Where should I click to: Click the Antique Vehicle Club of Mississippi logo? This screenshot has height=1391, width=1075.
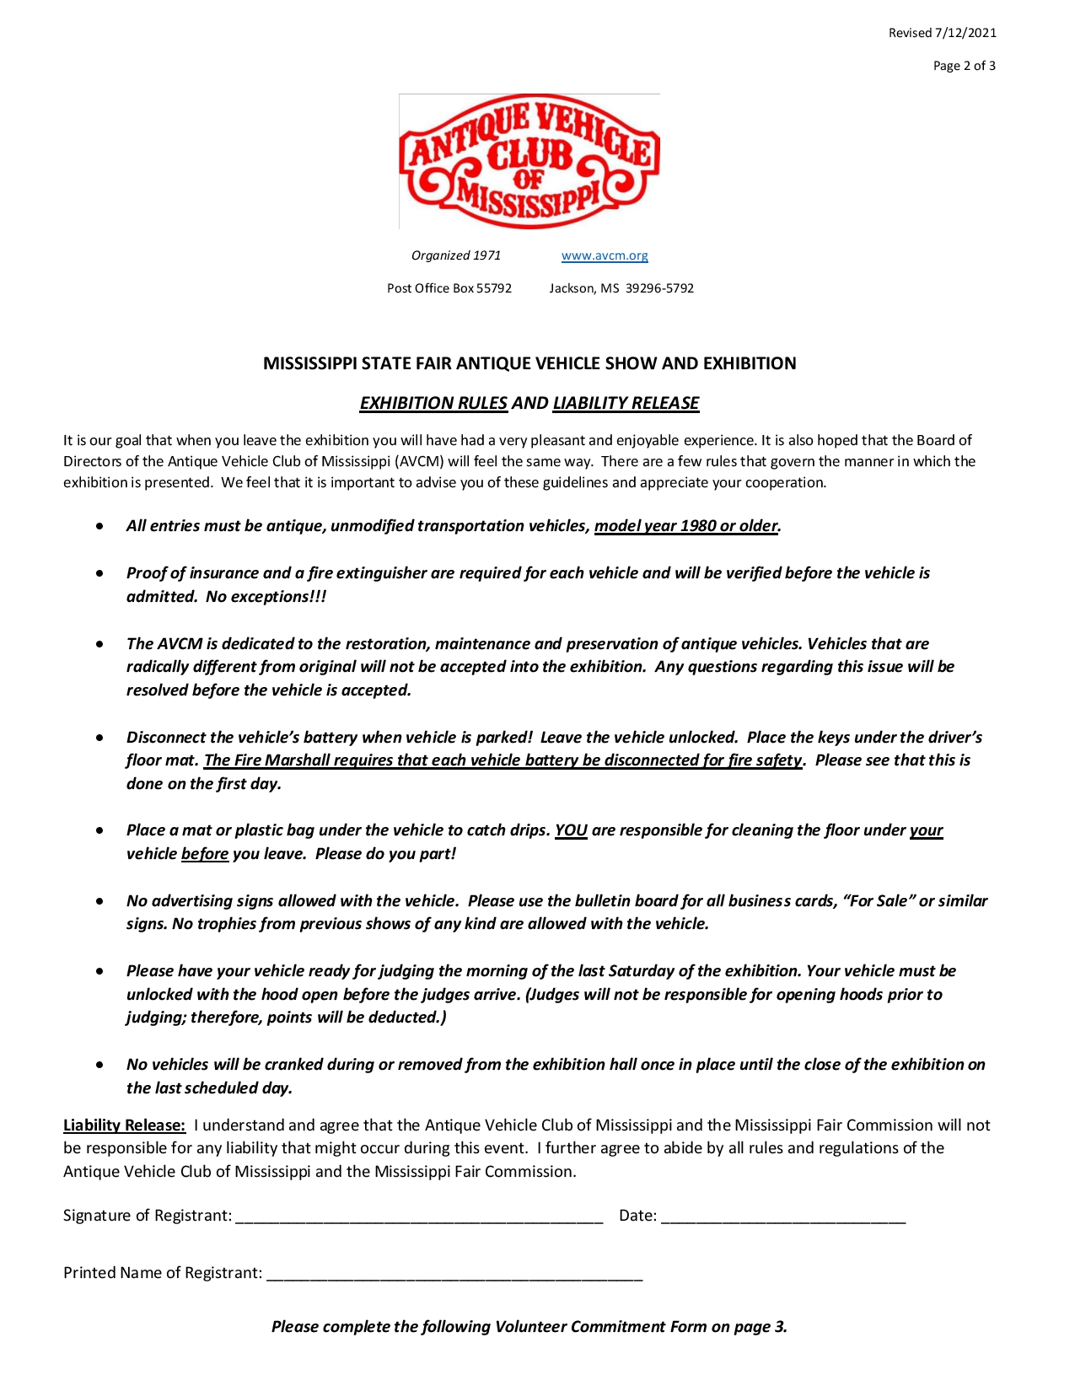(529, 161)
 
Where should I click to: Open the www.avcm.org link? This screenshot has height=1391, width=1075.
(605, 255)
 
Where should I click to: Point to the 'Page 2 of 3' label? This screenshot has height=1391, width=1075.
(964, 66)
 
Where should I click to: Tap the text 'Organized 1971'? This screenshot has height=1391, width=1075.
(456, 255)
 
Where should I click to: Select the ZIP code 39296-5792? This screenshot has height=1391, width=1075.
(659, 288)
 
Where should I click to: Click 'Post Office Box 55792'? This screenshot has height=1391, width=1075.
(449, 288)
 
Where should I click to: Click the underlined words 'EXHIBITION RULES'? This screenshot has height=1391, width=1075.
(433, 403)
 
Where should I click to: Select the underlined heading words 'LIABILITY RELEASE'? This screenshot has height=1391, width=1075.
(626, 403)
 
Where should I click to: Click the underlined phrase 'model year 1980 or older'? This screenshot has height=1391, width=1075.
(685, 526)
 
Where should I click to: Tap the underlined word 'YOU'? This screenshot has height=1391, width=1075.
(571, 830)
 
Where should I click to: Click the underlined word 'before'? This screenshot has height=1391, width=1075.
(205, 854)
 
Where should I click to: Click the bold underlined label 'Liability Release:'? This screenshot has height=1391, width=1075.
(124, 1125)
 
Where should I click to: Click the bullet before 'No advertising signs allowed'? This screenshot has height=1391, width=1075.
(100, 901)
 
